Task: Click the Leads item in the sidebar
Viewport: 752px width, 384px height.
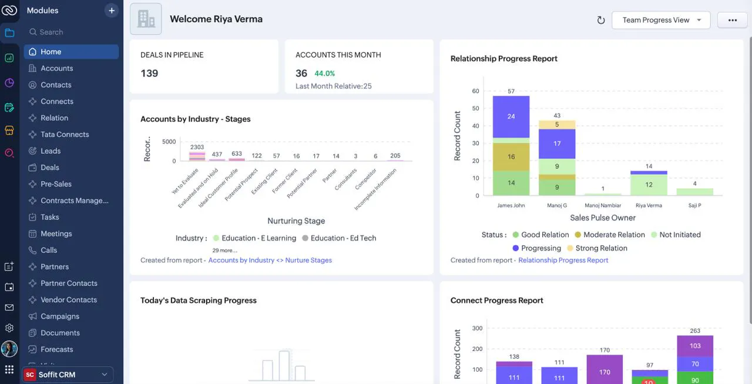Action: [51, 151]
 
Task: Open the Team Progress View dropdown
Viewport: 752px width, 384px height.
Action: [661, 20]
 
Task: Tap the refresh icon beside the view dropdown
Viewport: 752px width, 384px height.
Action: [600, 20]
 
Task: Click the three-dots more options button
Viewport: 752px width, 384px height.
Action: [732, 20]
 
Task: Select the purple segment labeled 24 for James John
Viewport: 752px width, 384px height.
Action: [511, 116]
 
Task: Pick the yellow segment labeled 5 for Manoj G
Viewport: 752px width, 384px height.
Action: [557, 124]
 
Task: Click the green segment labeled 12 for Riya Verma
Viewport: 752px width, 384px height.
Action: [649, 185]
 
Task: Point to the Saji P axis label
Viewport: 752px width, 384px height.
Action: [694, 205]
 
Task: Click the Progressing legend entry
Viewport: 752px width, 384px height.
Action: [537, 248]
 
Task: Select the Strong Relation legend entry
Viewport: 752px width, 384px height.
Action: [597, 248]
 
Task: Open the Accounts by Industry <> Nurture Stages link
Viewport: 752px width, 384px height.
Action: [270, 260]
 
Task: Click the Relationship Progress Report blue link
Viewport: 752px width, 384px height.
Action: [563, 260]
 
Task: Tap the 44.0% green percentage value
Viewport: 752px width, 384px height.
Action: [324, 74]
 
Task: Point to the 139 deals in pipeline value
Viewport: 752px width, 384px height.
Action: [149, 74]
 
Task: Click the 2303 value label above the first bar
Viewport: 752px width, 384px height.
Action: [197, 147]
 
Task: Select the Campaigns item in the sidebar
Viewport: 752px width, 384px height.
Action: [60, 316]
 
